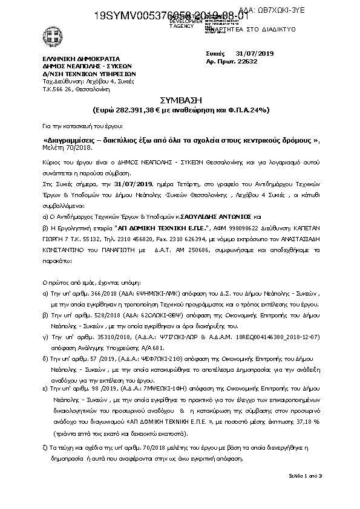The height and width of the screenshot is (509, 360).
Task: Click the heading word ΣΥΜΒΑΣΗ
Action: (179, 100)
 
